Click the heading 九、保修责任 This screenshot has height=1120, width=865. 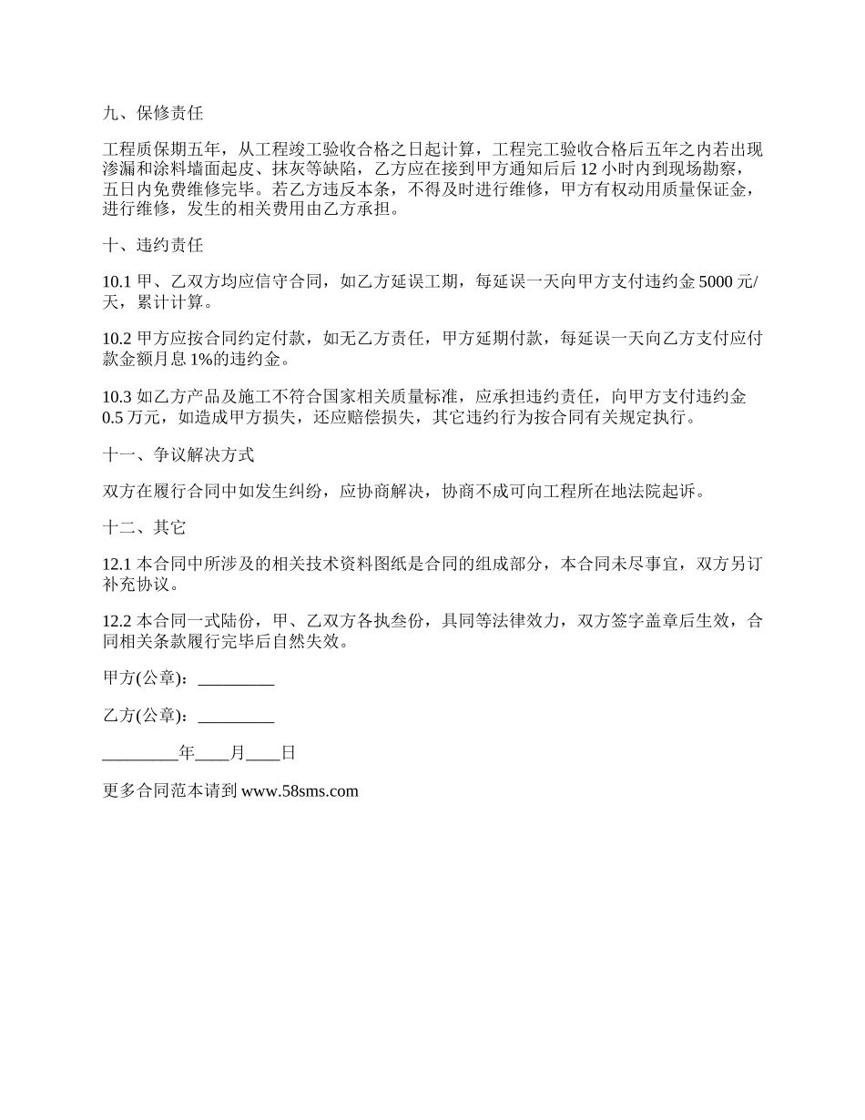click(153, 114)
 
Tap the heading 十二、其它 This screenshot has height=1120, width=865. click(145, 528)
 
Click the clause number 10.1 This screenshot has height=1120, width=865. click(117, 283)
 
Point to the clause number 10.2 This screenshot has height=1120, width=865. click(117, 339)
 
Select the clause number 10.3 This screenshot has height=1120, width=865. click(117, 396)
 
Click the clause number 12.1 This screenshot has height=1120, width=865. click(117, 565)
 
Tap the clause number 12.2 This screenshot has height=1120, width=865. click(117, 622)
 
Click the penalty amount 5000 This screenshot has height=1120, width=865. click(715, 283)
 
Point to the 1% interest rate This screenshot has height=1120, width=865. click(251, 358)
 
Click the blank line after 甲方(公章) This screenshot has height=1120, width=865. click(236, 678)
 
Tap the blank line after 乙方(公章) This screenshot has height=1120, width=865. click(236, 716)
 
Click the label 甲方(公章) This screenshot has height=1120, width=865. click(148, 678)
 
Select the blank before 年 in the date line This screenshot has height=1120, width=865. click(141, 753)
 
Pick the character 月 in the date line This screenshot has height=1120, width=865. click(239, 753)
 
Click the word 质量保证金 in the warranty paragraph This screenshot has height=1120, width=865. click(707, 189)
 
